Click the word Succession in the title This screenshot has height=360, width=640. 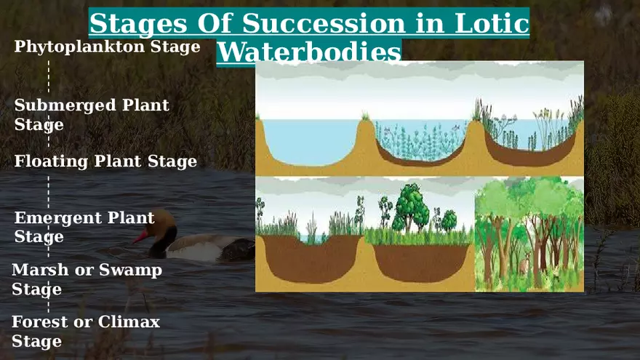[x=324, y=24]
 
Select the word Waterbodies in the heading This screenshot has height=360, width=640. [x=309, y=52]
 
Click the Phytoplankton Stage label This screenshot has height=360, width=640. [x=107, y=47]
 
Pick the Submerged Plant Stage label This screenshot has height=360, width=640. [x=92, y=114]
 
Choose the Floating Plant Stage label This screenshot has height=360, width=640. [x=105, y=161]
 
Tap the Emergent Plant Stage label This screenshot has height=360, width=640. [x=84, y=227]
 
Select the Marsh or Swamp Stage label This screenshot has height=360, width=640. [x=87, y=279]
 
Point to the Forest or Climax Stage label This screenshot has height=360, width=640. [x=85, y=331]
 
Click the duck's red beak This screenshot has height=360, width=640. [x=140, y=237]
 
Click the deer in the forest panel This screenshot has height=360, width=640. [x=523, y=265]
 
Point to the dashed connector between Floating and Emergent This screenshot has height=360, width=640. [x=49, y=191]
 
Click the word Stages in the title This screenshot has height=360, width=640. [x=136, y=24]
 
